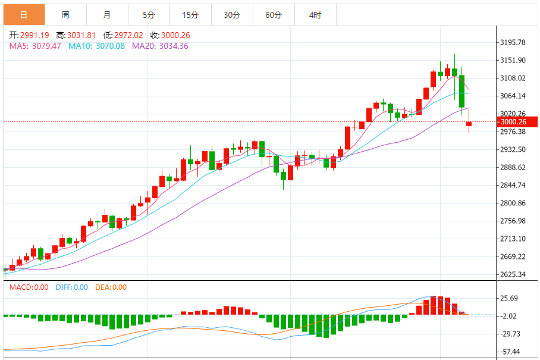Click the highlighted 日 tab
(x=24, y=15)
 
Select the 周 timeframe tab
(x=65, y=15)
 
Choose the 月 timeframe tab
(x=107, y=15)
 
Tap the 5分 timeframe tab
(x=149, y=15)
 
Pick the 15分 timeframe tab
(x=190, y=15)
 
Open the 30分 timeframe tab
(x=232, y=15)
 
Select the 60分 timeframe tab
(x=274, y=15)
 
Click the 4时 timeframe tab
(x=315, y=15)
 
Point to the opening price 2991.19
(x=36, y=35)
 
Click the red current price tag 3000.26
(x=516, y=122)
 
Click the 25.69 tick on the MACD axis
(x=511, y=298)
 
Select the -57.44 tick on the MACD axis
(x=511, y=352)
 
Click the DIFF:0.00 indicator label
(x=71, y=287)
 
